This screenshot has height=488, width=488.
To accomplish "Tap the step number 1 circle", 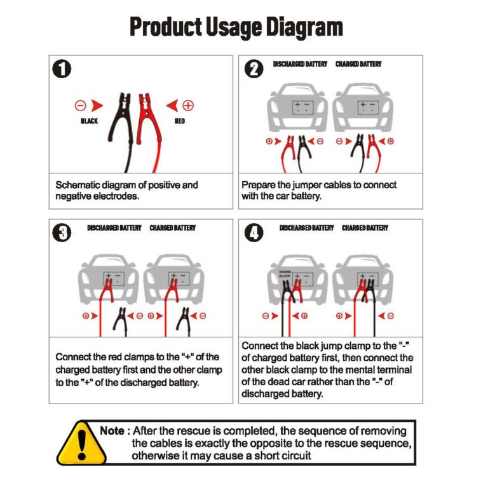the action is point(62,69).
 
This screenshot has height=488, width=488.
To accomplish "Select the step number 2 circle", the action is point(254,69).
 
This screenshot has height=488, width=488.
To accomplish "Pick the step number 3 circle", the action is point(62,233).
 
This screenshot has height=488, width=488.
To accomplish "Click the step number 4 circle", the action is point(254,233).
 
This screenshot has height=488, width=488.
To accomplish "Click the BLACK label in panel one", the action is point(90,121).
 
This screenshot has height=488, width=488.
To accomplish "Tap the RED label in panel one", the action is point(180,121).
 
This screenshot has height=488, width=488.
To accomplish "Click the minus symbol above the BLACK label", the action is point(80,105).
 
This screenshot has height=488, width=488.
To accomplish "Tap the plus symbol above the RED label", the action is point(188,105).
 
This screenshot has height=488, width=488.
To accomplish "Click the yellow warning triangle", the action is point(81,443).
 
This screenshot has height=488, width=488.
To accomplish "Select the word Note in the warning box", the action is point(112,431).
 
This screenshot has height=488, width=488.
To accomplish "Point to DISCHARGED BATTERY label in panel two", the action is point(300,64).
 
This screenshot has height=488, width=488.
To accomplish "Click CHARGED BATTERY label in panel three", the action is point(172,228).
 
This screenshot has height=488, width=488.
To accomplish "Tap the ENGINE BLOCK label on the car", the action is point(285,274).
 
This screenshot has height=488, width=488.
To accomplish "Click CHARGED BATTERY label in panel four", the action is point(365,228).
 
